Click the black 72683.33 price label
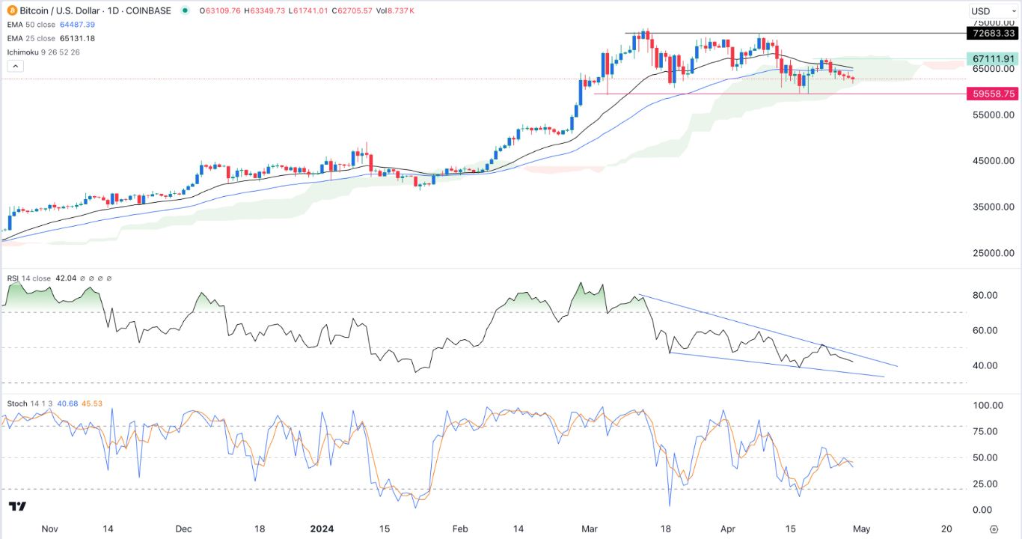[x=992, y=34]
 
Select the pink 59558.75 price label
[x=992, y=94]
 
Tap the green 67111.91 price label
[x=992, y=58]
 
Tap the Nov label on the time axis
[x=49, y=529]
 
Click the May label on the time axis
[x=861, y=529]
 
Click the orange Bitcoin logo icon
[x=11, y=11]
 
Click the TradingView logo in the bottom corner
[x=18, y=507]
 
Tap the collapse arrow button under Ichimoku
[x=16, y=66]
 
